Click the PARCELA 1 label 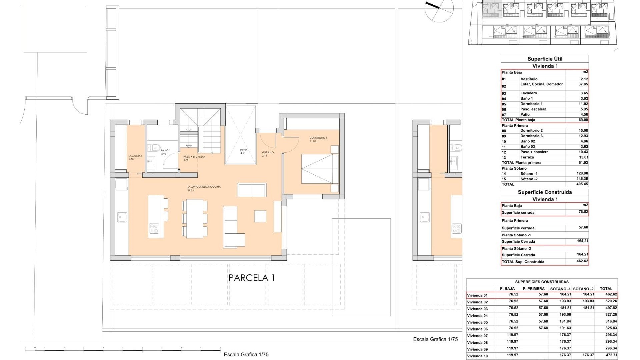coord(252,278)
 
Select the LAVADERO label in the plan coord(135,156)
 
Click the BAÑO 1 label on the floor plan coord(165,151)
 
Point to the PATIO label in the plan coord(244,150)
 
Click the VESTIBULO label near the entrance coord(267,152)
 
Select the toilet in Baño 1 coord(155,147)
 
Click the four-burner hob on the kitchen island coord(154,229)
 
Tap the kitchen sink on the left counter coord(122,217)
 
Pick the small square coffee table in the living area coord(260,216)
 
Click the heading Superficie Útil coord(545,59)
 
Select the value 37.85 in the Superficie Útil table coord(583,84)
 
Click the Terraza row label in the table coord(527,157)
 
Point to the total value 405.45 coord(582,184)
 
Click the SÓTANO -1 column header coord(560,289)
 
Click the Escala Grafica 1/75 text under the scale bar coord(246,354)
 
